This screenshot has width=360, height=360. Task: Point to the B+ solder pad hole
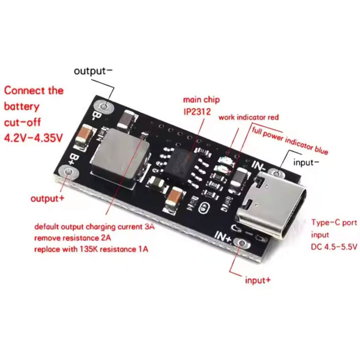pos(69,173)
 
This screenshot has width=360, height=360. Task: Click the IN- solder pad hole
pos(277,173)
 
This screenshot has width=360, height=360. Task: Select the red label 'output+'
pos(47,198)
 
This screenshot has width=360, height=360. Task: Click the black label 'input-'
pos(306,162)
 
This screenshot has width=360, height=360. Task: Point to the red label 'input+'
pos(258,280)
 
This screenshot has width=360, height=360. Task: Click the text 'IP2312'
pos(197,112)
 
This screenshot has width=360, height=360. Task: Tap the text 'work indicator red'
pos(249,117)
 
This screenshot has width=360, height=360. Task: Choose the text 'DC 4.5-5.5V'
pos(334,247)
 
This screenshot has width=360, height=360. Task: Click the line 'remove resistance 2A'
pos(72,238)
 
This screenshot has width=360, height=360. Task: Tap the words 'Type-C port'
pos(334,223)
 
